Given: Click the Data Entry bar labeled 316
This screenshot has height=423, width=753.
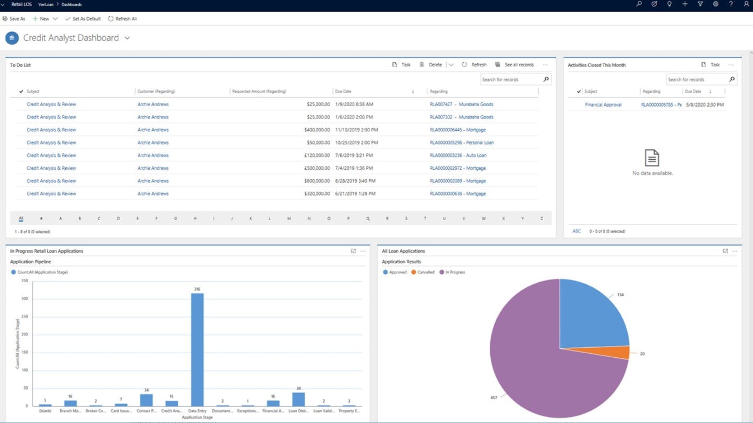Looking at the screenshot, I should click(197, 349).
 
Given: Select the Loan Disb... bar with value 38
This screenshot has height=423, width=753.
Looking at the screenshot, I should click(298, 399).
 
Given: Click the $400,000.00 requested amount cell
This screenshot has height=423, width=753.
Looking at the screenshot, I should click(317, 130).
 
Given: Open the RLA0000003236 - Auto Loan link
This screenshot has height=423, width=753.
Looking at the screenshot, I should click(458, 156).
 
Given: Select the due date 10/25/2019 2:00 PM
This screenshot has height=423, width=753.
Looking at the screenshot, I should click(356, 142).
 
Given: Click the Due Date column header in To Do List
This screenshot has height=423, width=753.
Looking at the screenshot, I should click(343, 91).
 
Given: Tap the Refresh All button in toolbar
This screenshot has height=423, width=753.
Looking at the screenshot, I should click(122, 19).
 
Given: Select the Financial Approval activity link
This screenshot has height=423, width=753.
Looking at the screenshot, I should click(603, 105).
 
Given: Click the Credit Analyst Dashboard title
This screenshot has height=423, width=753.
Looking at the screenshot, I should click(71, 38).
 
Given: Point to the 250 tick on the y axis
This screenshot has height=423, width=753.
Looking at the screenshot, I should click(25, 316).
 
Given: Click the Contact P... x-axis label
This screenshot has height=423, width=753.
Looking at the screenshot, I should click(147, 411).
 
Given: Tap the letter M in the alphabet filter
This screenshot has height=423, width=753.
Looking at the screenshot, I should click(289, 218).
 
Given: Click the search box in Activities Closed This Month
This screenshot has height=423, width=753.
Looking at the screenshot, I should click(697, 79).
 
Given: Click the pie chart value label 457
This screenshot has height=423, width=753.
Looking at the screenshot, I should click(493, 398).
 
